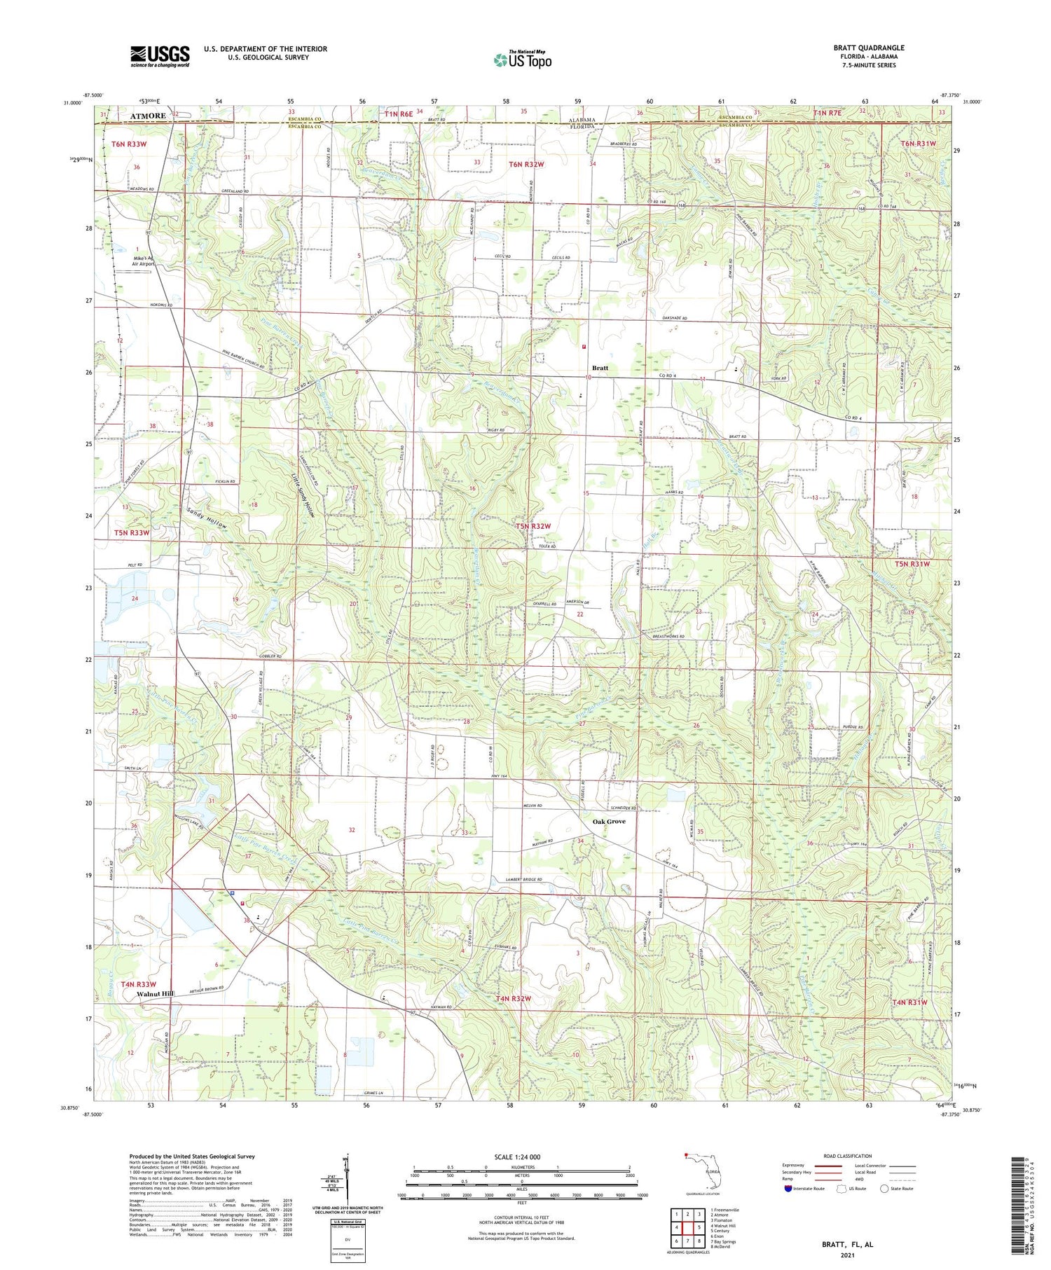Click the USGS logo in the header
coord(160,56)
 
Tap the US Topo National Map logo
coord(522,60)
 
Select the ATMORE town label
coord(147,116)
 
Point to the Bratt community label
coord(600,368)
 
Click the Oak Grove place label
coord(609,821)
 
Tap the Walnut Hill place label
coord(156,993)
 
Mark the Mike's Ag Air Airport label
coord(143,261)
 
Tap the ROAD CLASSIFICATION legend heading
coord(848,1156)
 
